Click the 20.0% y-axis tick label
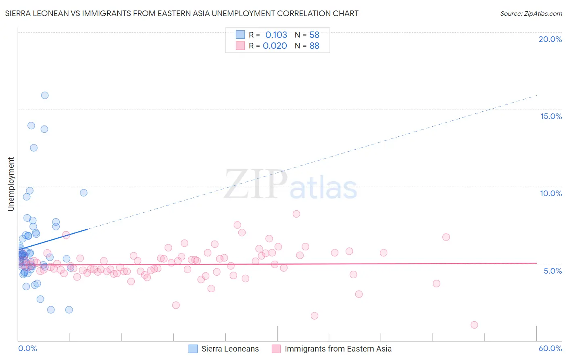pos(550,39)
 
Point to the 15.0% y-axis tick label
pos(551,116)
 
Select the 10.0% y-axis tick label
pos(551,193)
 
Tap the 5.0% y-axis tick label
pos(552,271)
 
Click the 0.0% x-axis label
pos(27,348)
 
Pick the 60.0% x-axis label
pos(550,348)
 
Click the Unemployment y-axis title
pos(11,184)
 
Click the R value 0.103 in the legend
pos(276,35)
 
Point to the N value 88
pos(314,46)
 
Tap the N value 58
pos(314,35)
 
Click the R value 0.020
pos(275,46)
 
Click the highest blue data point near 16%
pos(45,95)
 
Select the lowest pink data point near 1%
pos(474,325)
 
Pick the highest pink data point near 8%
pos(296,214)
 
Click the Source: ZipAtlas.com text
pos(531,14)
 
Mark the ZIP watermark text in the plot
pos(256,184)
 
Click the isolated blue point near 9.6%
pos(83,193)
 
